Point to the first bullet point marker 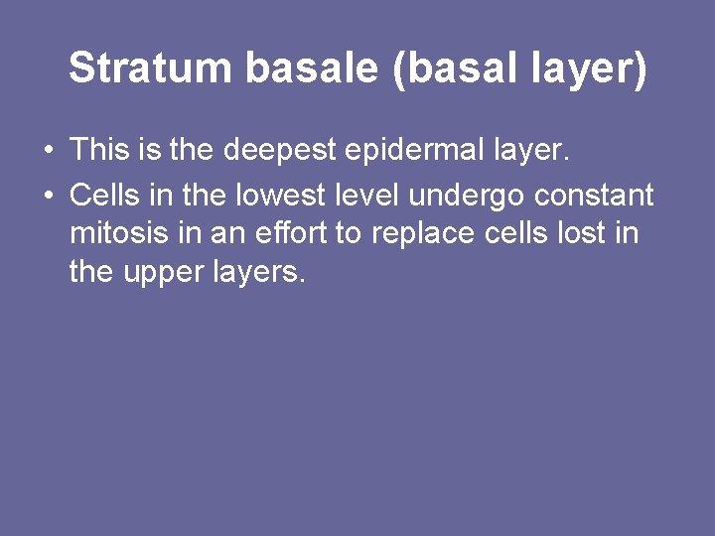pos(48,152)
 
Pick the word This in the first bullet pos(94,151)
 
